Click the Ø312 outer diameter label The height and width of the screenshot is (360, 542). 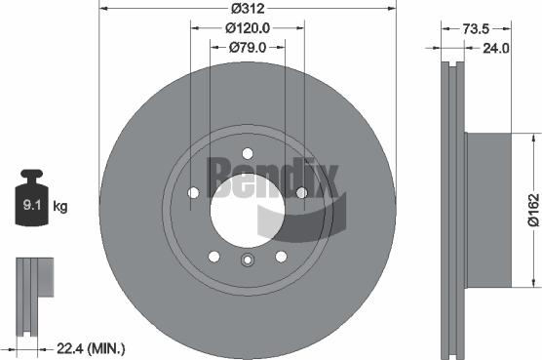[247, 9]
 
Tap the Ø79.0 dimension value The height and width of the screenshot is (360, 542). [248, 46]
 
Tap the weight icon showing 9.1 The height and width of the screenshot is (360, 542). [32, 202]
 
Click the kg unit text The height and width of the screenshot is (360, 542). [60, 206]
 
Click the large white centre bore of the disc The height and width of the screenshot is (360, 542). [247, 204]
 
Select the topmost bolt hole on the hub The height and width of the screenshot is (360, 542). [247, 152]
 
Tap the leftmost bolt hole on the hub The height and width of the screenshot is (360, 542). [193, 192]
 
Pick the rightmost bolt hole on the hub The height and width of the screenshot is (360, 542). [301, 192]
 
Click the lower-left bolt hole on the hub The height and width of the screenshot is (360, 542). [213, 256]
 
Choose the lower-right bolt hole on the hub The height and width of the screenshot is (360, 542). [281, 256]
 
